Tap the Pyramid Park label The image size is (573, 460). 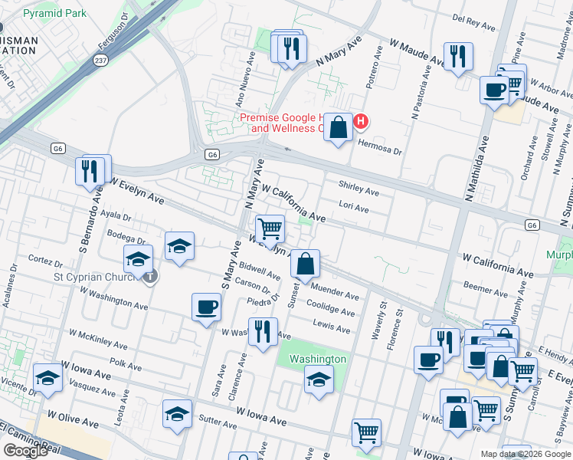pyautogui.click(x=54, y=14)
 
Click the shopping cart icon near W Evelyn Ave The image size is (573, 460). pyautogui.click(x=269, y=228)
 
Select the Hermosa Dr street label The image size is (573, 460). pyautogui.click(x=380, y=152)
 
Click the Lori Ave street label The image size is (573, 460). pyautogui.click(x=354, y=209)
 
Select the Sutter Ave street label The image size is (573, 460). pyautogui.click(x=218, y=422)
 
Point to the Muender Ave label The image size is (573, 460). pyautogui.click(x=335, y=294)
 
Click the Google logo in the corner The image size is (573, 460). pyautogui.click(x=26, y=452)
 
